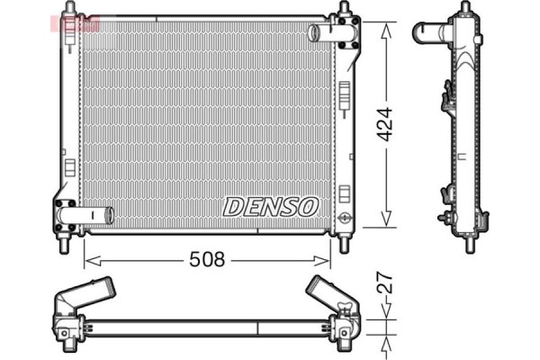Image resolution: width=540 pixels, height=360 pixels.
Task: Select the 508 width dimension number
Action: point(206,260)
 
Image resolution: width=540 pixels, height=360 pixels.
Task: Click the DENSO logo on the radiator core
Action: point(271,207)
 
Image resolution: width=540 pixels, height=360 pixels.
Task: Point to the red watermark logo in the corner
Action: point(79,21)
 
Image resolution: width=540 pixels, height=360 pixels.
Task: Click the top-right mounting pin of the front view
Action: point(343,10)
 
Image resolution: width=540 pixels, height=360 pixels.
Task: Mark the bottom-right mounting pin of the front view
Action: point(344,244)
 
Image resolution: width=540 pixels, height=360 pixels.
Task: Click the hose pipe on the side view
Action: point(429,33)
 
